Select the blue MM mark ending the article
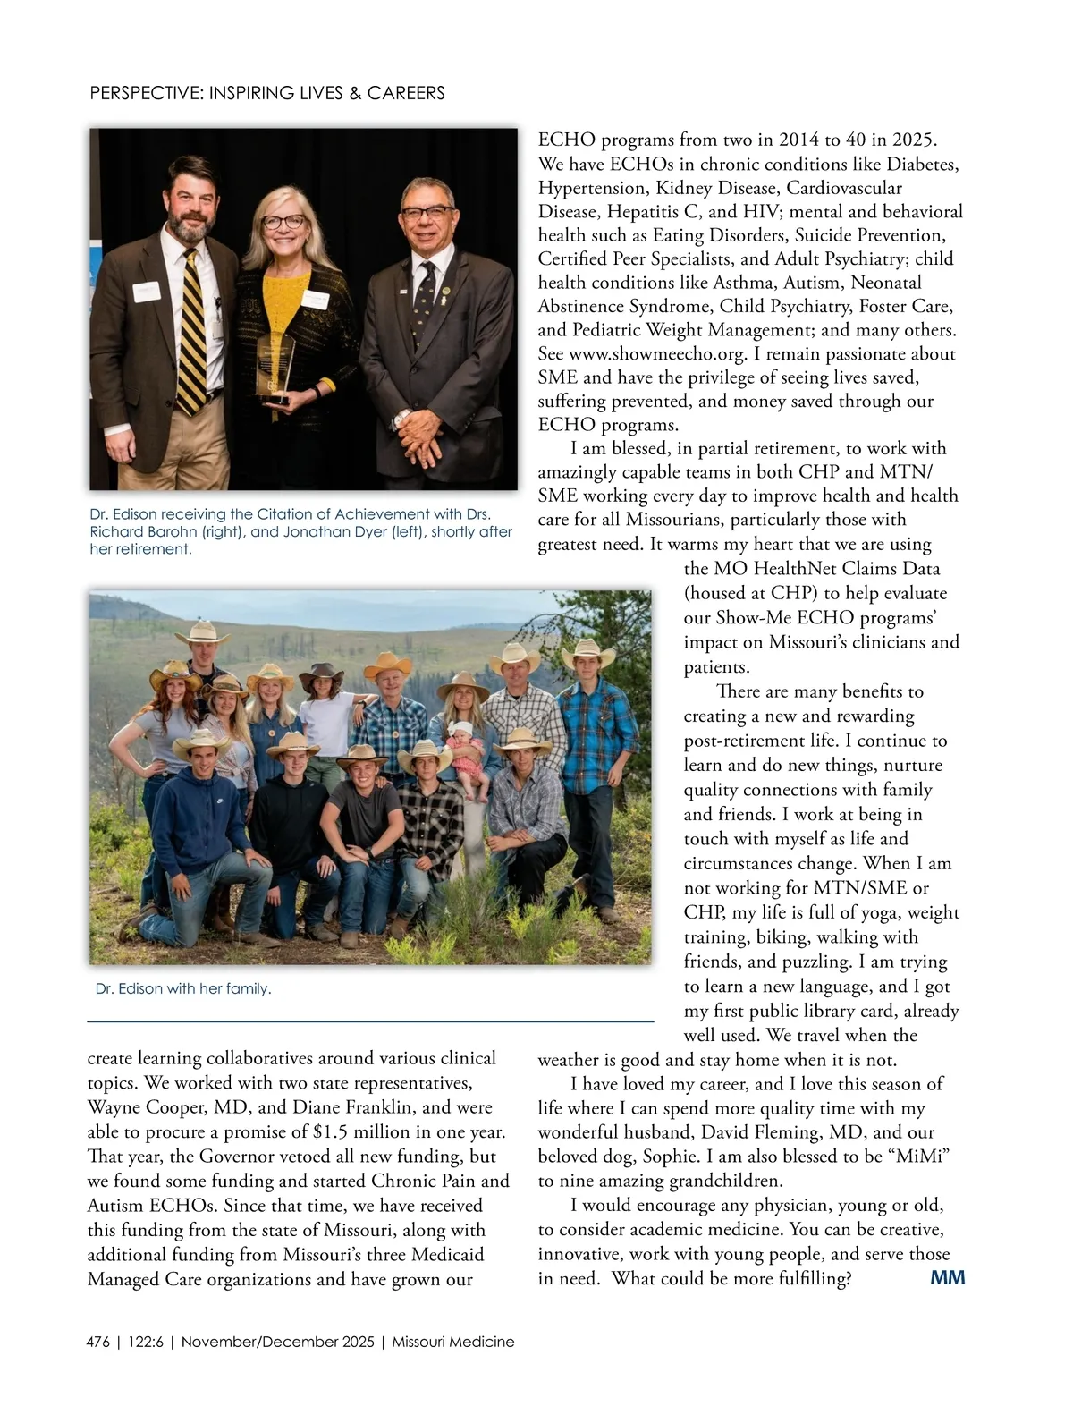tap(948, 1277)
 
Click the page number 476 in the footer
tap(98, 1342)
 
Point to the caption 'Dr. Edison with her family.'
tap(183, 988)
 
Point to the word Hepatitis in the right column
tap(642, 212)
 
